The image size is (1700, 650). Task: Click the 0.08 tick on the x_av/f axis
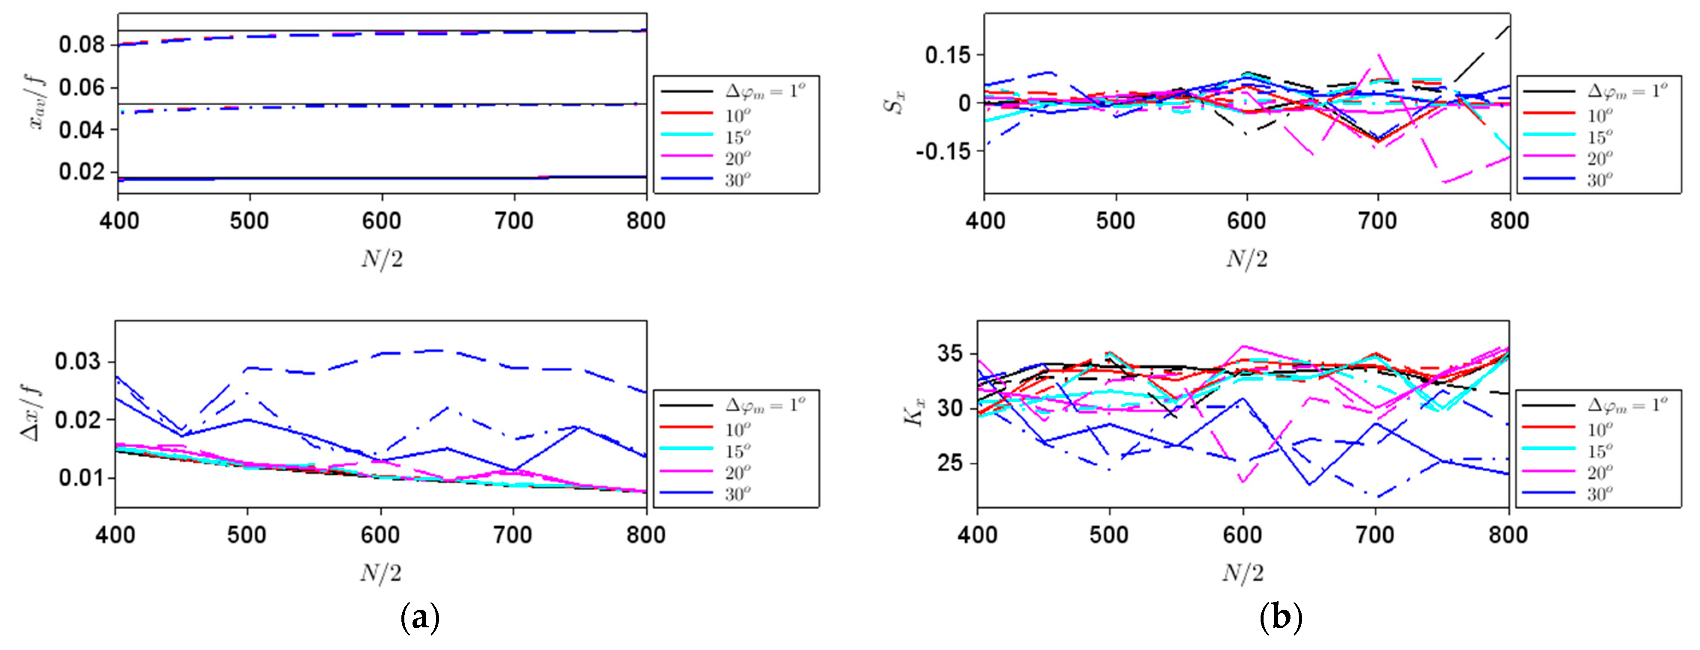point(81,45)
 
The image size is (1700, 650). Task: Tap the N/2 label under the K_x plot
point(1243,572)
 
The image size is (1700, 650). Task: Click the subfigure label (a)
point(420,618)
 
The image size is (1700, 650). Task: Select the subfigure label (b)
point(1280,618)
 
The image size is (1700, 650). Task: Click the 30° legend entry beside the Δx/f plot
point(737,493)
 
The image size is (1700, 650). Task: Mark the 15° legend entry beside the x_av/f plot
point(737,136)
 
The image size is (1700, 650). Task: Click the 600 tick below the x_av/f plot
point(381,220)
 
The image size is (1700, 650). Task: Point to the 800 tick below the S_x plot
point(1509,220)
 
